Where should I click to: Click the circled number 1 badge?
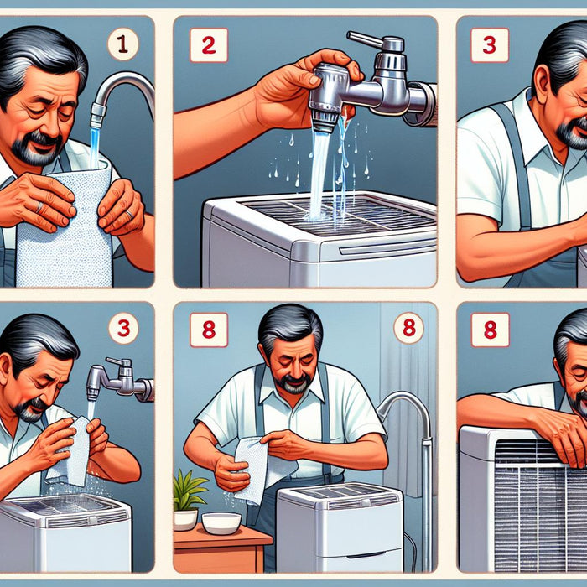123,44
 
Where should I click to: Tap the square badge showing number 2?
209,45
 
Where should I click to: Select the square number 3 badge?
489,45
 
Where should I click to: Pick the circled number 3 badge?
123,329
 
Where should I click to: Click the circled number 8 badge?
409,328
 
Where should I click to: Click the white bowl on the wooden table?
221,523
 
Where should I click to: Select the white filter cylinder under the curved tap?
65,225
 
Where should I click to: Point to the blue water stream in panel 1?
94,148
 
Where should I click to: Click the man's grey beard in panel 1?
35,150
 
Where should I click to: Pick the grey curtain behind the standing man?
408,393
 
